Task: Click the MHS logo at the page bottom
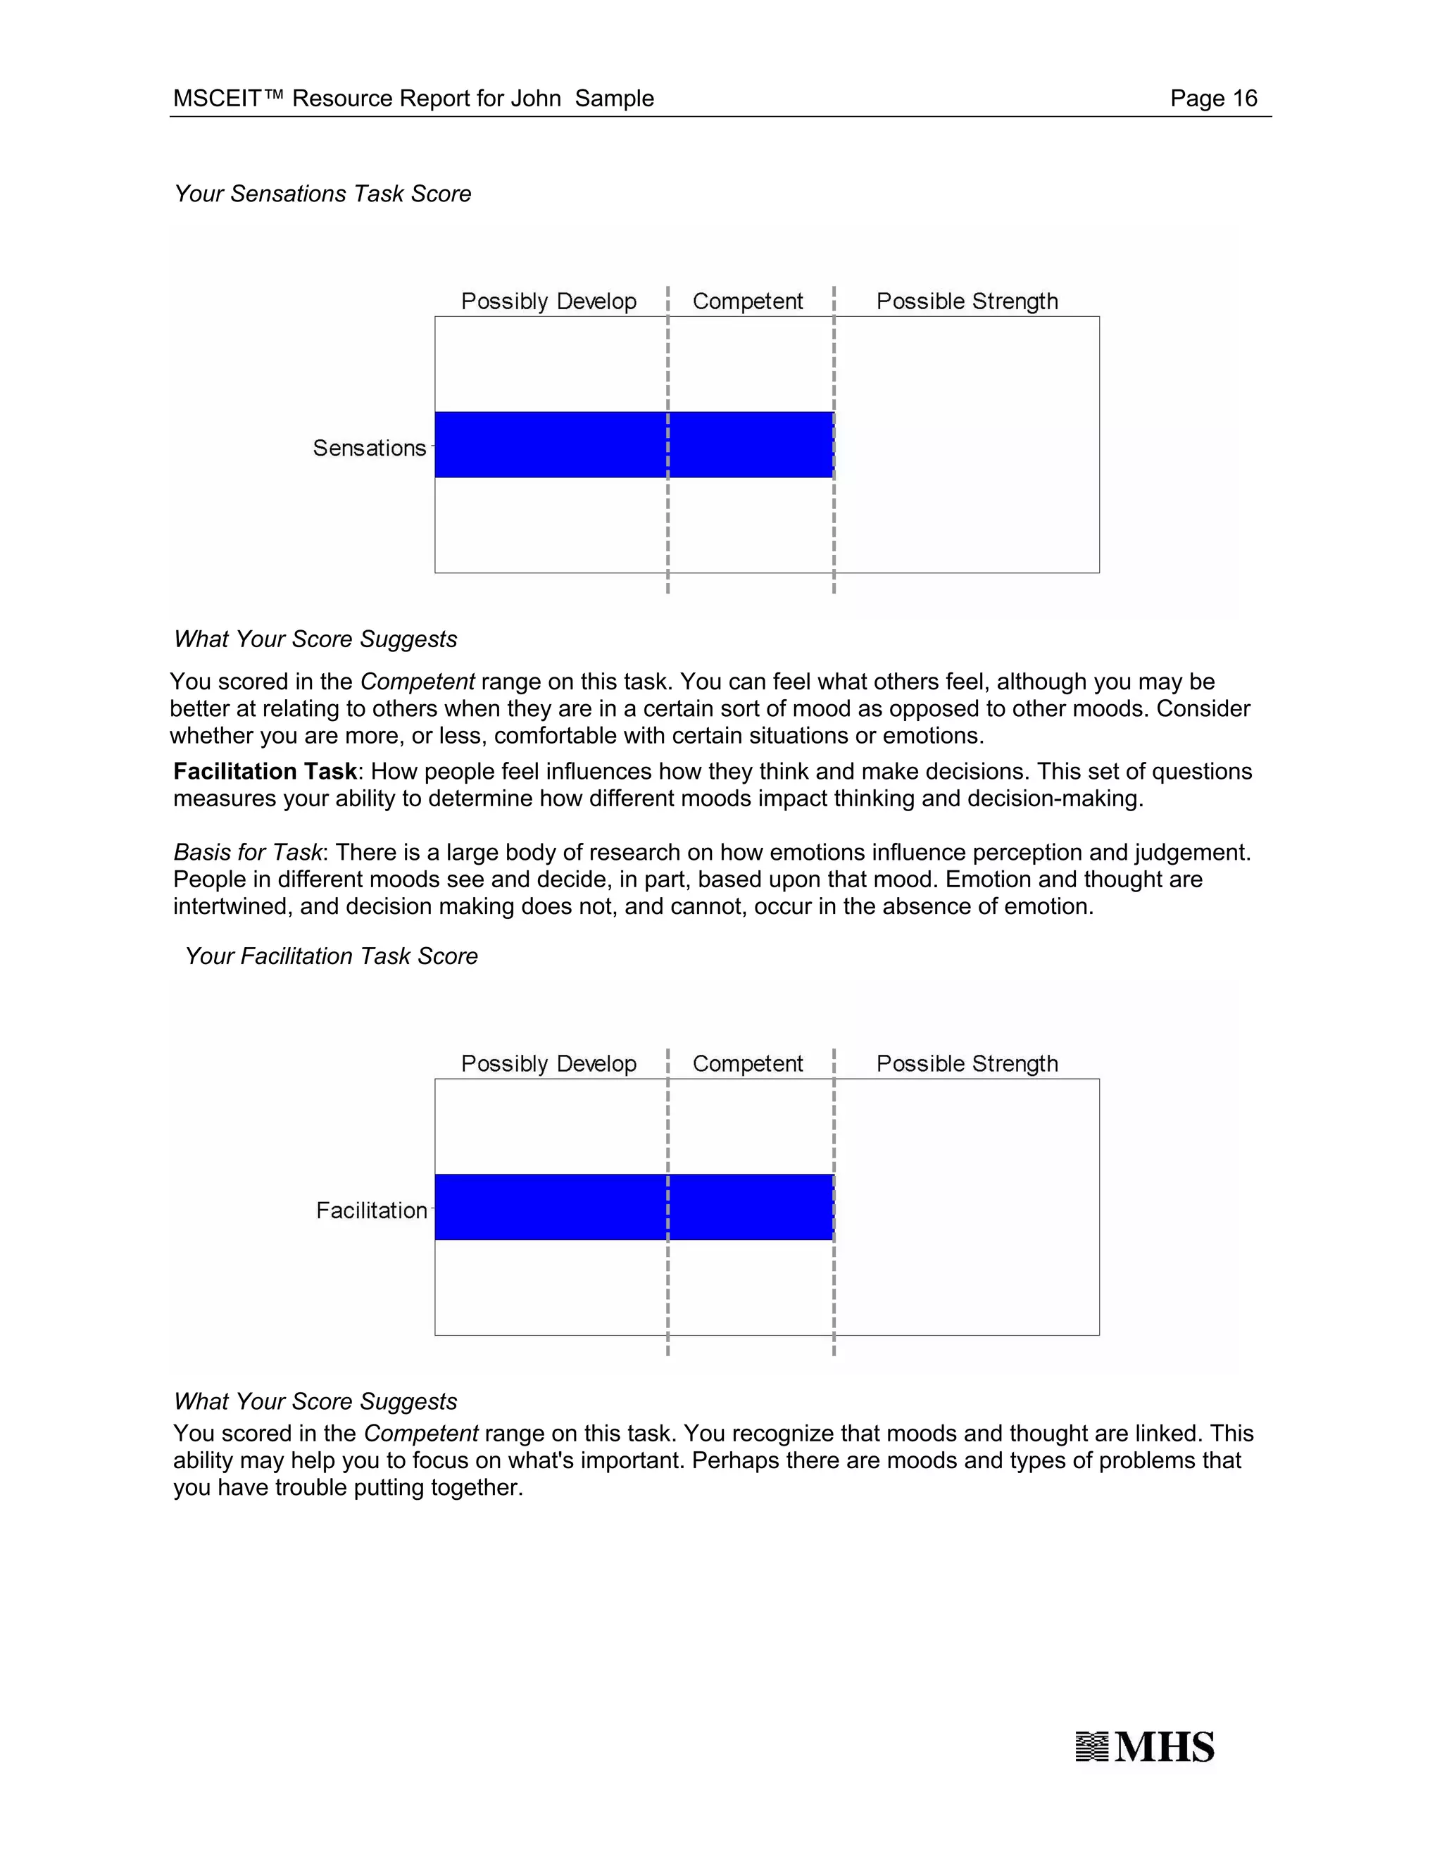click(x=1145, y=1747)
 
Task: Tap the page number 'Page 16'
click(x=1213, y=99)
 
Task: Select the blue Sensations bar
click(x=634, y=444)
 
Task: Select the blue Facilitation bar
click(x=634, y=1206)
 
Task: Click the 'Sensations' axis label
click(x=369, y=448)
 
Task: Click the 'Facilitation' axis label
click(x=372, y=1210)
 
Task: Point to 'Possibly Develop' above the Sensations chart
click(x=548, y=301)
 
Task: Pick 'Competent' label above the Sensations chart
click(x=748, y=301)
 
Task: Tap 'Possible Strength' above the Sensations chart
click(x=967, y=301)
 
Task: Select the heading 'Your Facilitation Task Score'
click(x=332, y=956)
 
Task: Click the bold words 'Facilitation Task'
click(x=265, y=772)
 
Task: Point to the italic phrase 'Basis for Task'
click(x=248, y=852)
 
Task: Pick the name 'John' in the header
click(x=536, y=99)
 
